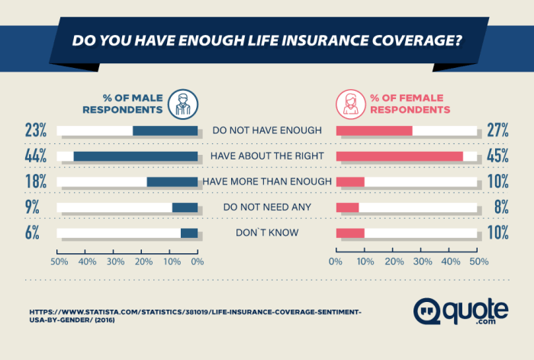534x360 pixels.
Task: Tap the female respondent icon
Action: pos(351,103)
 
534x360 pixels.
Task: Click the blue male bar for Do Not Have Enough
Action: pos(165,130)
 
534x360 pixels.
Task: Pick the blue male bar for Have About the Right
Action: pos(135,156)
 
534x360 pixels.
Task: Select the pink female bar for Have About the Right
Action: pos(399,156)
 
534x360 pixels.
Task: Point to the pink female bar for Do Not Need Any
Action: pos(347,207)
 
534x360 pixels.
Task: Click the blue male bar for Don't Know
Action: pos(189,233)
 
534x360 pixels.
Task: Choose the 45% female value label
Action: pos(497,156)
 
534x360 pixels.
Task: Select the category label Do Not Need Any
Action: pos(266,207)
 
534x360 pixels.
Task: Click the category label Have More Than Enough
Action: pos(266,182)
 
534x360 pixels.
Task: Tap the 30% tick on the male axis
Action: pos(114,262)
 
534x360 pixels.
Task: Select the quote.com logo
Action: pos(461,312)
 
